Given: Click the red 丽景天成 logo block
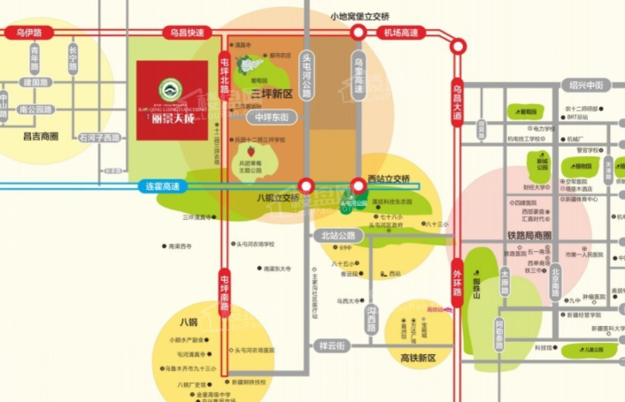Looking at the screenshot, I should [x=172, y=100].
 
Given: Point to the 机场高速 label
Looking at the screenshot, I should [x=401, y=33].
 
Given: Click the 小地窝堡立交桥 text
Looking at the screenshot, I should [x=359, y=16].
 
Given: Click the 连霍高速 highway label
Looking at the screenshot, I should [x=163, y=186].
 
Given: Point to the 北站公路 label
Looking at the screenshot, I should [x=337, y=236].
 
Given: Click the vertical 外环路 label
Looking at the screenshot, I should [x=457, y=278].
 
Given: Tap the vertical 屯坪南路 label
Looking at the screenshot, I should [x=224, y=292].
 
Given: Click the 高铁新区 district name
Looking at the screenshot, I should [x=418, y=358].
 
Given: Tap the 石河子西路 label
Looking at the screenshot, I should [x=98, y=138].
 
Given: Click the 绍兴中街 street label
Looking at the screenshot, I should [x=585, y=85].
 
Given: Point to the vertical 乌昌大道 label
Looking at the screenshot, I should [x=457, y=99].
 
